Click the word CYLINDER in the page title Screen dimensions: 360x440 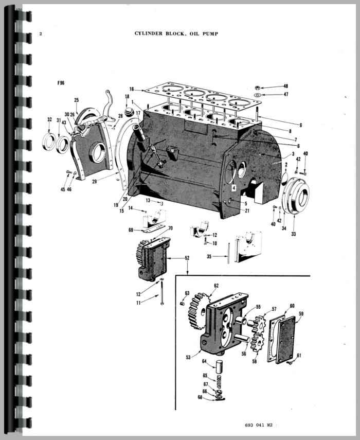point(148,33)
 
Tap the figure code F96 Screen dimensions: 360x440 point(61,83)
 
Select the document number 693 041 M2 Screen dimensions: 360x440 point(258,425)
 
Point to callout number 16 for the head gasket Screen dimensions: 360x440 point(132,89)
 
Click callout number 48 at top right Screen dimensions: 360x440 point(285,86)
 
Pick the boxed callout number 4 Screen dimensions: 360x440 point(233,188)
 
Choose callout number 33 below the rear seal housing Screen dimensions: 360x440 point(293,234)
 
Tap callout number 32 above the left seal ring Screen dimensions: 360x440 point(49,119)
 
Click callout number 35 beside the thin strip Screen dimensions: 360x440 point(209,256)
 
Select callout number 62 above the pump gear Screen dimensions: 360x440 point(216,286)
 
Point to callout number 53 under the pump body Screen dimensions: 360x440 point(188,357)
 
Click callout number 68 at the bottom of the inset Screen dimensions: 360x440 point(200,397)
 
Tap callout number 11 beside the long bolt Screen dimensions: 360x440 point(138,303)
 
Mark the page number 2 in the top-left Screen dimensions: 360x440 point(41,34)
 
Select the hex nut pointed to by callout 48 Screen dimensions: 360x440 point(257,88)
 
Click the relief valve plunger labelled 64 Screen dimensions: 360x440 point(219,366)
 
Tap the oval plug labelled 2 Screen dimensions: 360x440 point(285,178)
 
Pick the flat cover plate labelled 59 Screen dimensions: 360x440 point(286,339)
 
